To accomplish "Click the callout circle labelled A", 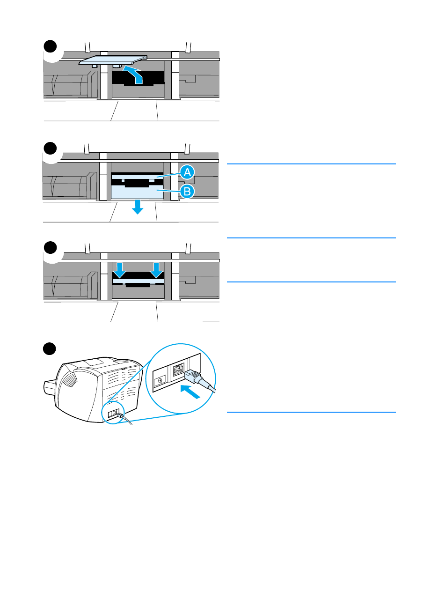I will point(187,172).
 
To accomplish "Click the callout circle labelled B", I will point(187,191).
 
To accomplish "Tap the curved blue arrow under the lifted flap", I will point(134,75).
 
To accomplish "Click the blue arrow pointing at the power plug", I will point(191,391).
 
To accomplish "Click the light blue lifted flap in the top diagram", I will point(113,60).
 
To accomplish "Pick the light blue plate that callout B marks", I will point(137,192).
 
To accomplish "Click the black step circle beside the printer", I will point(50,349).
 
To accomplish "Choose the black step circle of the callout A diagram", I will point(50,148).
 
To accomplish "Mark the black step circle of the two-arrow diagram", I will point(50,248).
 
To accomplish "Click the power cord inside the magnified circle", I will point(206,385).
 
